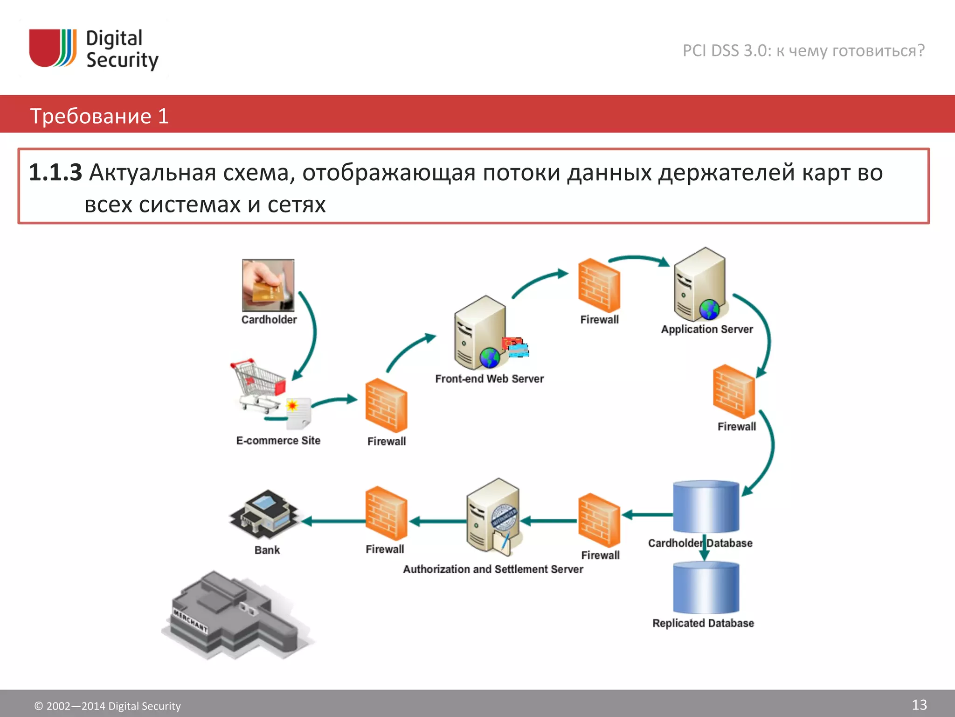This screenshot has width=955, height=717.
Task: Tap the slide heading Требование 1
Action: (x=99, y=116)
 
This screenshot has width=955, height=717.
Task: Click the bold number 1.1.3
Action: (x=55, y=172)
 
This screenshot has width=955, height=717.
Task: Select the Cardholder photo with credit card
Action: (x=268, y=285)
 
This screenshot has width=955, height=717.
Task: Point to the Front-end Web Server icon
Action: (x=480, y=332)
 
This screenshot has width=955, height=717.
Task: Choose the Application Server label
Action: (x=706, y=329)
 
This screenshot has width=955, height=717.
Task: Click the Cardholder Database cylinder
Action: (x=706, y=506)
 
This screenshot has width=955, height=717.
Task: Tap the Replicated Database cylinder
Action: (x=706, y=588)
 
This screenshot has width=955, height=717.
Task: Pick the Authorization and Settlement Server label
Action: (x=493, y=569)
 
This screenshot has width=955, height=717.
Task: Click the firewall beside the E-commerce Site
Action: (x=386, y=405)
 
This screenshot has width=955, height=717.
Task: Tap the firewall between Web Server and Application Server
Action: (x=599, y=285)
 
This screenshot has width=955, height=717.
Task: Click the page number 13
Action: (x=919, y=704)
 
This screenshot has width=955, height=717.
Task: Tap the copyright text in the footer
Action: (x=107, y=706)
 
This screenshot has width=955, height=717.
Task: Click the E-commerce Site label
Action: (x=278, y=441)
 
